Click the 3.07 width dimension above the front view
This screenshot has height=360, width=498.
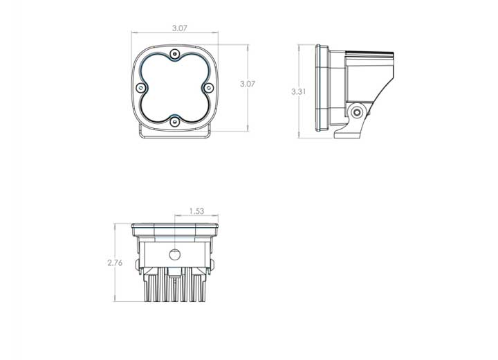point(180,29)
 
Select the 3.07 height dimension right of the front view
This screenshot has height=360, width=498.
point(247,84)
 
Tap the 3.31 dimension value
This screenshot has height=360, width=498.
point(300,91)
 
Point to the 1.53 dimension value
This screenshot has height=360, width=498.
point(196,212)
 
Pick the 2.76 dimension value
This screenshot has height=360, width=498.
point(115,262)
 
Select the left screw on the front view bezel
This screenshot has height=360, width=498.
point(142,88)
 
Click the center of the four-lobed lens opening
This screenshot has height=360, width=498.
point(175,87)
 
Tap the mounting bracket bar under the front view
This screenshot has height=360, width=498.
point(175,135)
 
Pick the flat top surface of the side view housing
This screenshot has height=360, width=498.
point(370,53)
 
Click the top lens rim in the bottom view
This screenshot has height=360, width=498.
point(175,226)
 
